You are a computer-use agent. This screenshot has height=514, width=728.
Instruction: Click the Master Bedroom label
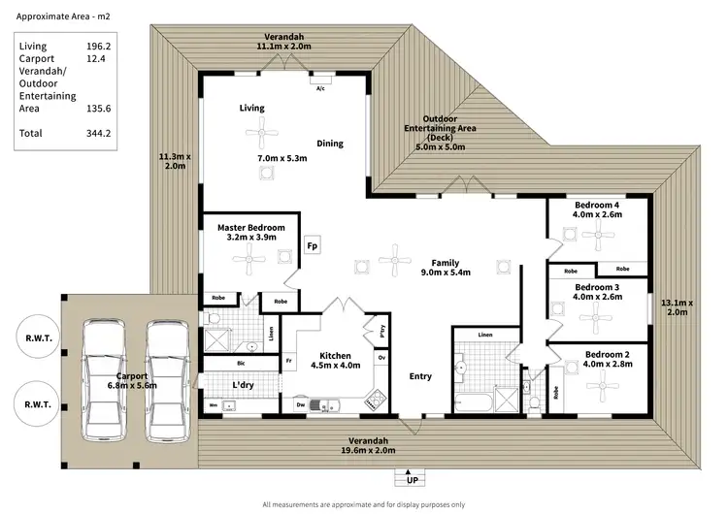coord(250,228)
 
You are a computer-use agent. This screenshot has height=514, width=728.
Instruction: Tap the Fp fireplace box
coord(313,246)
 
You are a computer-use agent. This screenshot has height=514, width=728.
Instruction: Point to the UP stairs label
coord(413,480)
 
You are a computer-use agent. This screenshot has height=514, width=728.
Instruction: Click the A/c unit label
coord(320,88)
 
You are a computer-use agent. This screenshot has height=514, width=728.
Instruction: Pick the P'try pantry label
coord(381,328)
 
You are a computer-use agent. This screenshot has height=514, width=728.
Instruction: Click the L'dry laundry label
coord(243,385)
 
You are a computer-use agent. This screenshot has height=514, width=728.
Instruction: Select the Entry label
coord(420,376)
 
